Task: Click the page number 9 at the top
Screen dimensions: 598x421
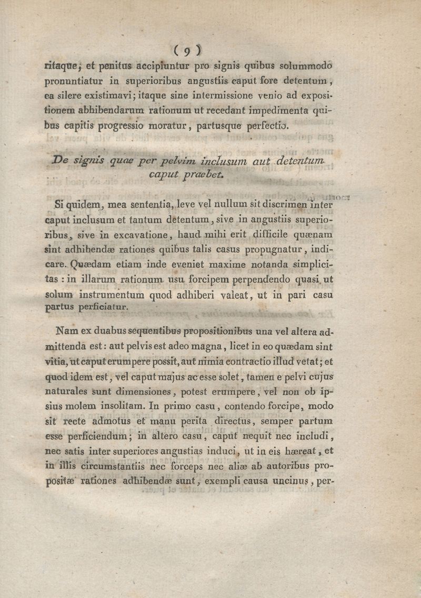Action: tap(187, 51)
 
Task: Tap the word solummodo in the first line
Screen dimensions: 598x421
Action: tap(307, 67)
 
